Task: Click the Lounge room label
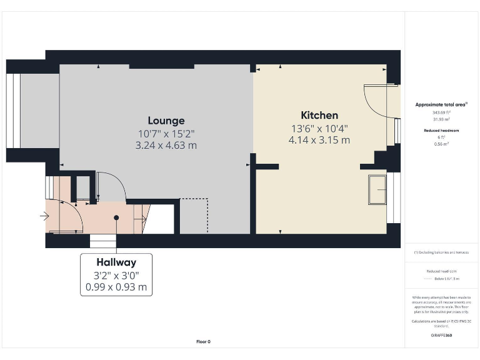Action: [x=166, y=121]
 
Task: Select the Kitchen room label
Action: [x=319, y=115]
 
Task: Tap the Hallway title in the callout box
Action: [x=116, y=262]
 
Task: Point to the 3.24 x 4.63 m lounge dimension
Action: [x=166, y=145]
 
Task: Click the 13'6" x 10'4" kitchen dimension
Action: [x=319, y=129]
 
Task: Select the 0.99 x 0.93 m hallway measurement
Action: [x=116, y=287]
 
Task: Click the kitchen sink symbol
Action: [x=377, y=189]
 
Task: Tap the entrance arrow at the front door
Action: [x=44, y=217]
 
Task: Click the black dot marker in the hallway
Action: [x=116, y=217]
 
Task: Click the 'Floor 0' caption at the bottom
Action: [x=203, y=341]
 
